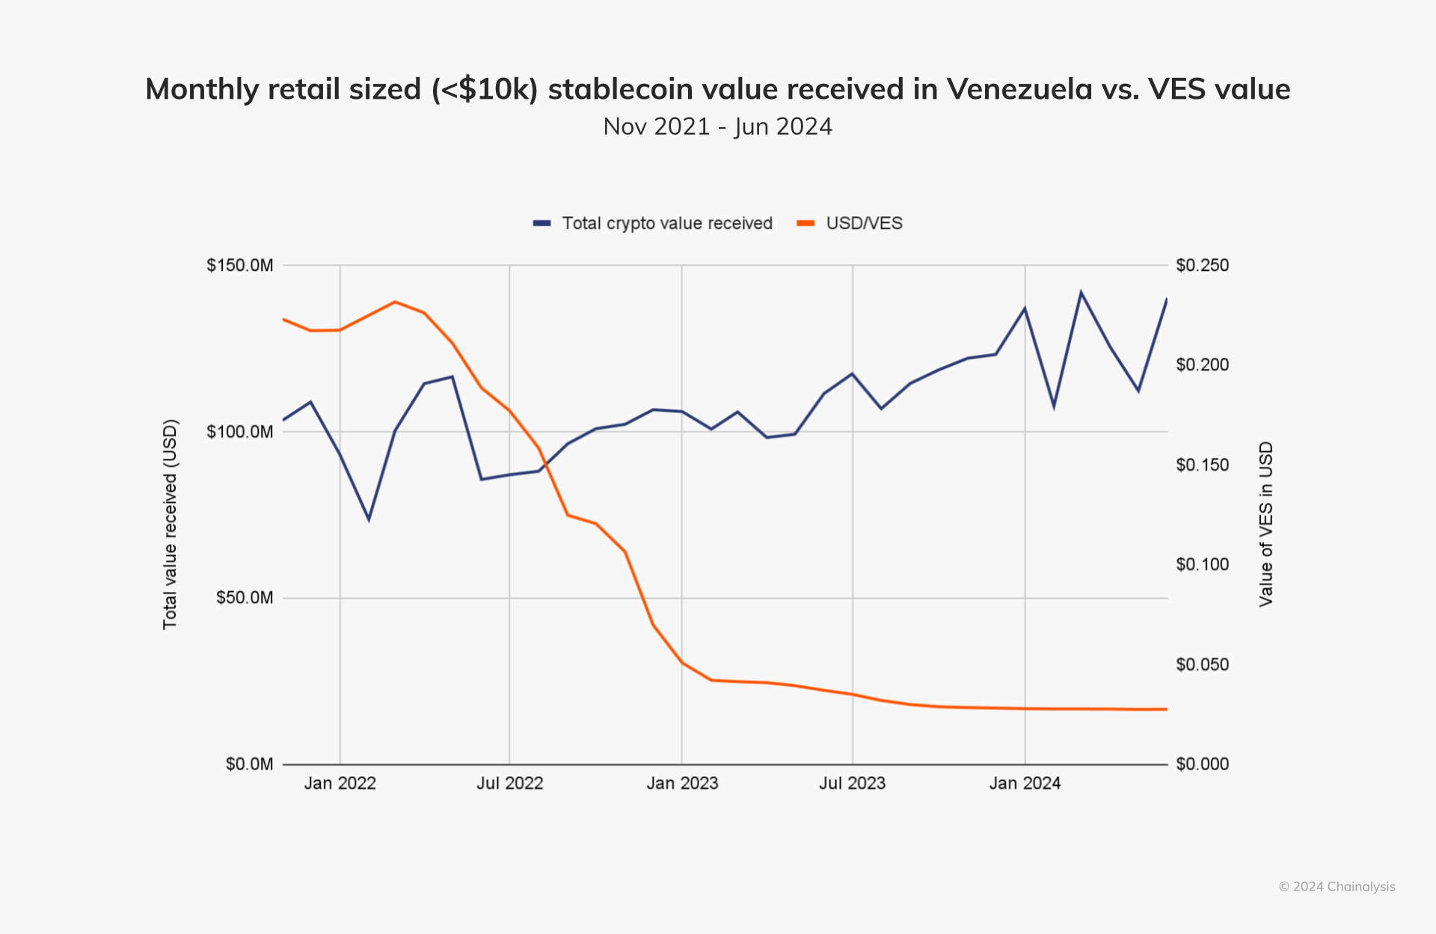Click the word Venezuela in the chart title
pos(1019,89)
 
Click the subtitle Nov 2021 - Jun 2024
pos(717,126)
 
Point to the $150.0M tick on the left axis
pos(240,266)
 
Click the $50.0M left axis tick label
pos(245,598)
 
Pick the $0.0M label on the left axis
pos(249,764)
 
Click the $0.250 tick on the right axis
pos(1202,266)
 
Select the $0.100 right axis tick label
pos(1202,564)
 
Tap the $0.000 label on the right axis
pos(1202,764)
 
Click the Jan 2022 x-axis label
pos(340,784)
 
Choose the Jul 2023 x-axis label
pos(852,784)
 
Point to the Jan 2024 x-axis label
pos(1025,784)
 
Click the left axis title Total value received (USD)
pos(171,524)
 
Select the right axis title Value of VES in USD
pos(1265,524)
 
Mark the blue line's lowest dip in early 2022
pos(369,519)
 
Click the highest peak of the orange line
pos(396,302)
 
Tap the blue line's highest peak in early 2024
pos(1081,292)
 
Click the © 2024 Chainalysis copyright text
pos(1337,887)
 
